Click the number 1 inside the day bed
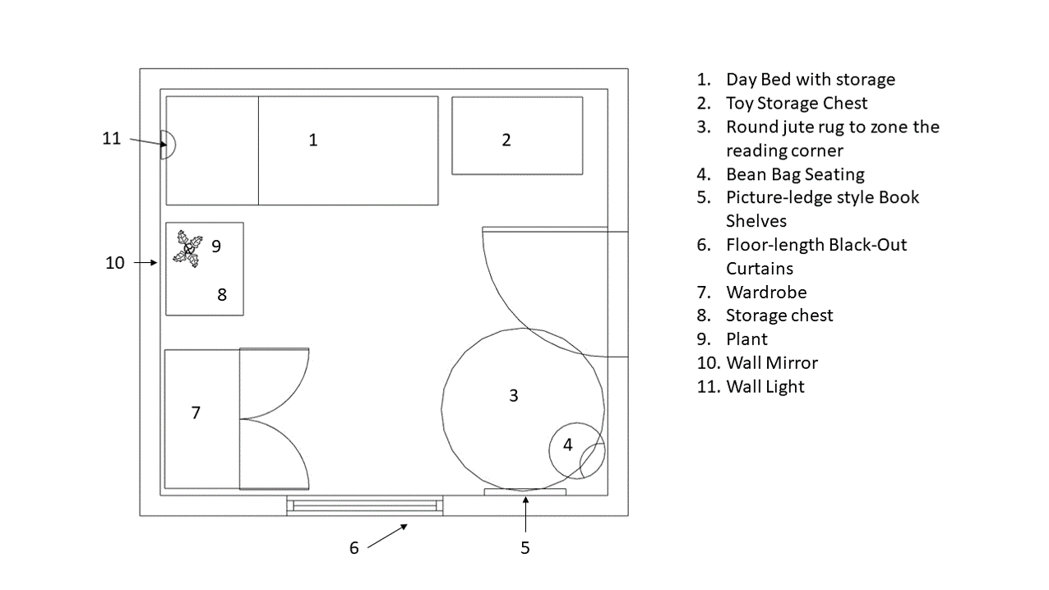click(312, 141)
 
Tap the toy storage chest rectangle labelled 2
click(517, 136)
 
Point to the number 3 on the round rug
click(514, 395)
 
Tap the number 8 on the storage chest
click(222, 294)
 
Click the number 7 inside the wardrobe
click(196, 413)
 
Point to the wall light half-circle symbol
click(167, 145)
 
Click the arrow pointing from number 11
click(147, 143)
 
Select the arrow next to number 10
click(146, 263)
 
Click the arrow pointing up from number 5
click(525, 513)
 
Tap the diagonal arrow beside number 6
click(388, 535)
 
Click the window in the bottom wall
click(365, 505)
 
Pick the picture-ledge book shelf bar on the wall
click(524, 492)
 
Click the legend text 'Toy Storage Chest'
click(796, 104)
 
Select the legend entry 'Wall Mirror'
click(771, 363)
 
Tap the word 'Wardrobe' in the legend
click(766, 293)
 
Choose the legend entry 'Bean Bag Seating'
click(794, 174)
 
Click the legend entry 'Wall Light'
click(765, 387)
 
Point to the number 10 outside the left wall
click(115, 263)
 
